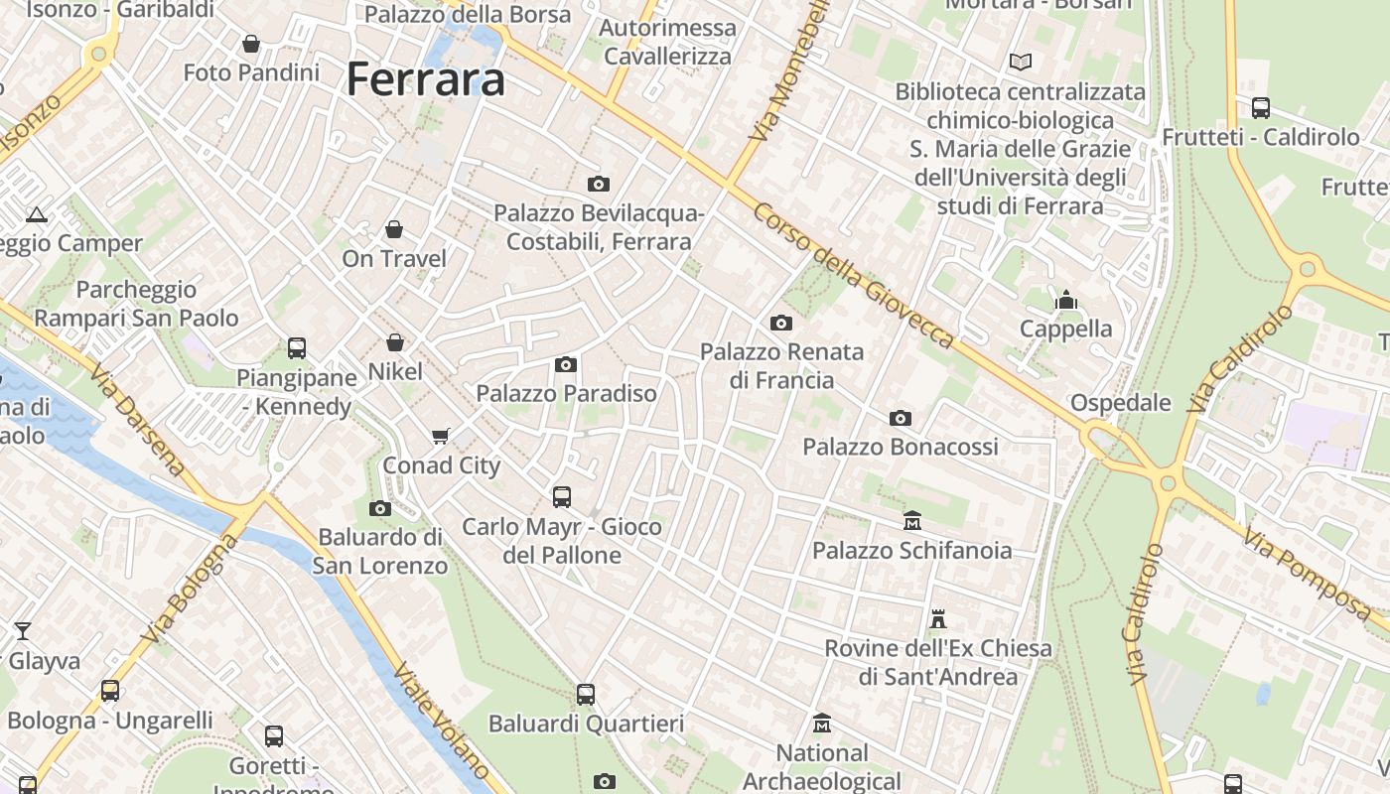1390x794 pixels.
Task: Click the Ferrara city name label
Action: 425,79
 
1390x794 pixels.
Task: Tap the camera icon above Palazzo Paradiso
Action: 566,364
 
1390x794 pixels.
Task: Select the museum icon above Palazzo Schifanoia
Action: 912,520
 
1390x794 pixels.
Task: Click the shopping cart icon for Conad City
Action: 441,436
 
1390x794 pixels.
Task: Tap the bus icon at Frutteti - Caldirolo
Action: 1260,108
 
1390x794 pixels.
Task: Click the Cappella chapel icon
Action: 1066,299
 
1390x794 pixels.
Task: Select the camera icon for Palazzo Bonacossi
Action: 901,418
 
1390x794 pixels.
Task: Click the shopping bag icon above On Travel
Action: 394,230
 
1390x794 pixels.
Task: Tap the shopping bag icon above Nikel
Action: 395,343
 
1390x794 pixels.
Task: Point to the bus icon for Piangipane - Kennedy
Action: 297,348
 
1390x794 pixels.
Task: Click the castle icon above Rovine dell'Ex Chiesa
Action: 937,619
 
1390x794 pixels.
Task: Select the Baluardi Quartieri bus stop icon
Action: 586,695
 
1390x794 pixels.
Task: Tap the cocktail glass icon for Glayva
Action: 23,631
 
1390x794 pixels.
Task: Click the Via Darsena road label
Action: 137,420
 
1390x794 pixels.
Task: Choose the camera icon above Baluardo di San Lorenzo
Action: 379,508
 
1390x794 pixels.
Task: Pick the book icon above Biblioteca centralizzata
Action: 1020,62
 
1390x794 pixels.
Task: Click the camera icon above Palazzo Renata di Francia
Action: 781,323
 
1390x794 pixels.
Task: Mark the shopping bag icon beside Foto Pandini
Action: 251,44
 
